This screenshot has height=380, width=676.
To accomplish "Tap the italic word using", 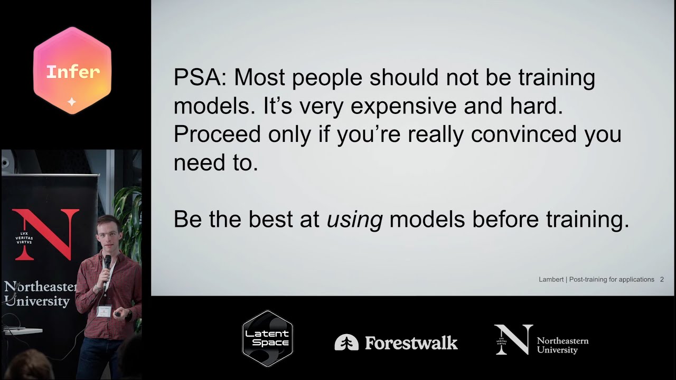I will pos(354,220).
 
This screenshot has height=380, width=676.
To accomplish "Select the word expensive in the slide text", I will pos(403,107).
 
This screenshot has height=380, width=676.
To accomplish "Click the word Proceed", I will pos(217,135).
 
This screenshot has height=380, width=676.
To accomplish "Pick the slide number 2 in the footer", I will pos(662,280).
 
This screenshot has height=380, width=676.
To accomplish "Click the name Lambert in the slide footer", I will pos(550,280).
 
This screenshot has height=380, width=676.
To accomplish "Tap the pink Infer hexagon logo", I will pos(72,71).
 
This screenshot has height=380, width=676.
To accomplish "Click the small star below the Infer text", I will pos(72,102).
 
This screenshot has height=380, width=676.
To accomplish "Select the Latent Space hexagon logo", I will pos(267,339).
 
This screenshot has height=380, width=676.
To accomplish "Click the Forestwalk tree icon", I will pos(346,343).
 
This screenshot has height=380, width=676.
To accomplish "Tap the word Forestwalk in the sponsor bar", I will pos(411,343).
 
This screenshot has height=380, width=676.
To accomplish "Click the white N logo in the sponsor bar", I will pos(513,339).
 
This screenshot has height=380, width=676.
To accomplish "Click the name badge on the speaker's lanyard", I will pos(104,311).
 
